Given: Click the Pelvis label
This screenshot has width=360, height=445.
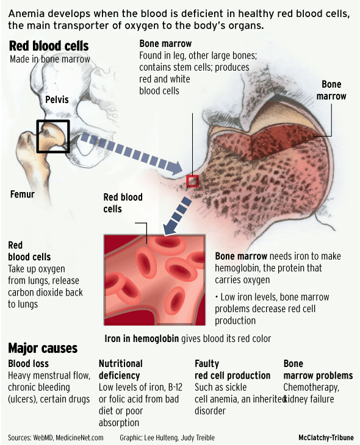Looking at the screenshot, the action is tap(57, 99).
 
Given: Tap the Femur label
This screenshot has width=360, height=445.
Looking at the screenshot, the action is tap(23, 194).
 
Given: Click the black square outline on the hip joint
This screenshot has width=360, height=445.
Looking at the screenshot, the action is tap(37, 137).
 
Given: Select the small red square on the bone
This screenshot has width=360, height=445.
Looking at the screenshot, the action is tap(192, 181).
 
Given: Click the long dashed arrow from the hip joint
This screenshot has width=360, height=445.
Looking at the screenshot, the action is tap(131, 153).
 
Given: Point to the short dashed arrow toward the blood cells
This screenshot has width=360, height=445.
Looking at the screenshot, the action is tap(178, 216).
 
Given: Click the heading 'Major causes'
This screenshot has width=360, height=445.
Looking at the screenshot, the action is tap(43, 348).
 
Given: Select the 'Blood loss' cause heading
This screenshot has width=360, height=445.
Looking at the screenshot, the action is tap(29, 363).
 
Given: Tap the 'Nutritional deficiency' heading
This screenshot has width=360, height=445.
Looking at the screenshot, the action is tap(120, 369).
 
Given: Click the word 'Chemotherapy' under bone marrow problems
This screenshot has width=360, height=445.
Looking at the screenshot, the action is tap(311, 387).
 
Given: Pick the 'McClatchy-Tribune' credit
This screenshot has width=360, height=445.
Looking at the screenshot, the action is tap(326, 438).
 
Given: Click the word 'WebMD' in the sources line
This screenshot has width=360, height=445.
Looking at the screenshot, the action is tap(42, 438).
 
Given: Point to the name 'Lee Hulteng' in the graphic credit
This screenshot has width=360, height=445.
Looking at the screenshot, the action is tap(161, 438).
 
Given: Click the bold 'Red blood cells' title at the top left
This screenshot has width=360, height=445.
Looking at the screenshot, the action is tap(49, 46).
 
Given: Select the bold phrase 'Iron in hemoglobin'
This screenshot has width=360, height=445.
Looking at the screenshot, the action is tap(142, 338).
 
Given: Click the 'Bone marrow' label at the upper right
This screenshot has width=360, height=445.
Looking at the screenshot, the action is tap(331, 90).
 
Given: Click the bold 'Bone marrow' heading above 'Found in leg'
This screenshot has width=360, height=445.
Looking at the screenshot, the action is tap(165, 44).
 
